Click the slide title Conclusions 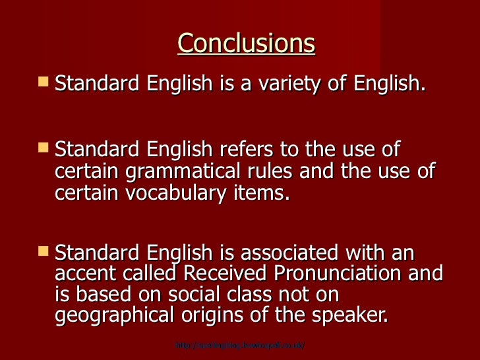[246, 44]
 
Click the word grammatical [208, 171]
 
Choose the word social [192, 295]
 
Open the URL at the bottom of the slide [240, 345]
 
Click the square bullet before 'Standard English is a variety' [44, 83]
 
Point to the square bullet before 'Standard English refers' [44, 148]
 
